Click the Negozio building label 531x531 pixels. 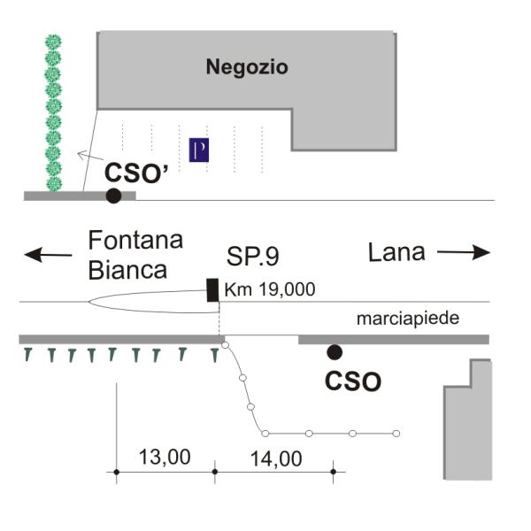pyautogui.click(x=247, y=66)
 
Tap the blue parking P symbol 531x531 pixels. pyautogui.click(x=199, y=150)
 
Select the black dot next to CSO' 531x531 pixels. pyautogui.click(x=113, y=196)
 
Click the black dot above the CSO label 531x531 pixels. pyautogui.click(x=334, y=352)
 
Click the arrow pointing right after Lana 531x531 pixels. pyautogui.click(x=463, y=253)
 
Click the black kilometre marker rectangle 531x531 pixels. pyautogui.click(x=212, y=289)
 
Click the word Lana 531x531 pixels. pyautogui.click(x=396, y=252)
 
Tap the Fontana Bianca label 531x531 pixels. pyautogui.click(x=135, y=255)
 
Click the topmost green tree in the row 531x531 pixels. pyautogui.click(x=54, y=42)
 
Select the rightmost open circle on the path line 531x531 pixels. pyautogui.click(x=396, y=433)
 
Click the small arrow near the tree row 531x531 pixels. pyautogui.click(x=88, y=157)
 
